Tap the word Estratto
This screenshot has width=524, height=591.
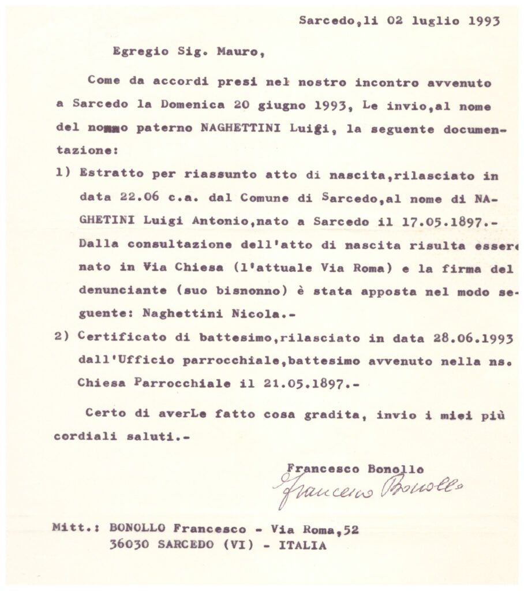[x=107, y=175]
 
